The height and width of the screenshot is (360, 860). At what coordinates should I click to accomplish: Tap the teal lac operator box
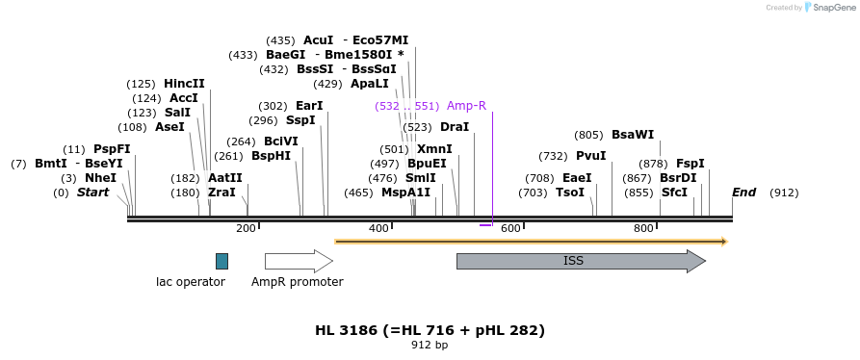(x=222, y=261)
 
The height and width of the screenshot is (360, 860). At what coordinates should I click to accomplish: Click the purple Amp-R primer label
(x=466, y=106)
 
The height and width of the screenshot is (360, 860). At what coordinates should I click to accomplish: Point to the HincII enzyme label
(x=184, y=84)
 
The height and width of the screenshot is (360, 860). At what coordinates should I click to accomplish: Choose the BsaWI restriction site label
(x=633, y=136)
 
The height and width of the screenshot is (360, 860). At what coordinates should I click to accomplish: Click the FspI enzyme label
(x=691, y=164)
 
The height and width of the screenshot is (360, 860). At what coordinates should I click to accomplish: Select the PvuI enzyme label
(x=591, y=156)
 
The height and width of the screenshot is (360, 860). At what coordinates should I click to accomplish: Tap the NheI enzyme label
(x=100, y=178)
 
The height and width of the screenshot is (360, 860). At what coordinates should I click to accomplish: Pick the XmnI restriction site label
(x=434, y=149)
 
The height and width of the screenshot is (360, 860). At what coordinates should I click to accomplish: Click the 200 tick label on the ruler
(x=246, y=228)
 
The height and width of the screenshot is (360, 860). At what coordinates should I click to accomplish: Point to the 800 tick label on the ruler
(x=642, y=228)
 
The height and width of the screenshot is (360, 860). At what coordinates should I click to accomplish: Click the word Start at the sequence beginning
(x=92, y=193)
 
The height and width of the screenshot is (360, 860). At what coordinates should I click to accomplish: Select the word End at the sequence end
(x=743, y=193)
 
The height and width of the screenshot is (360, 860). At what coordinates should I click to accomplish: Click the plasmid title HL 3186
(x=430, y=330)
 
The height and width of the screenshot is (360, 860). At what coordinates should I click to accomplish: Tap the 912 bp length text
(x=430, y=345)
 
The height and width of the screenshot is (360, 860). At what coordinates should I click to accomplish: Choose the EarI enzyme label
(x=309, y=106)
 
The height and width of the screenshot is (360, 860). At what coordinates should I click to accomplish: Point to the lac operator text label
(x=191, y=282)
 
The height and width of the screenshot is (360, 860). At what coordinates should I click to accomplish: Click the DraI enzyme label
(x=455, y=127)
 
